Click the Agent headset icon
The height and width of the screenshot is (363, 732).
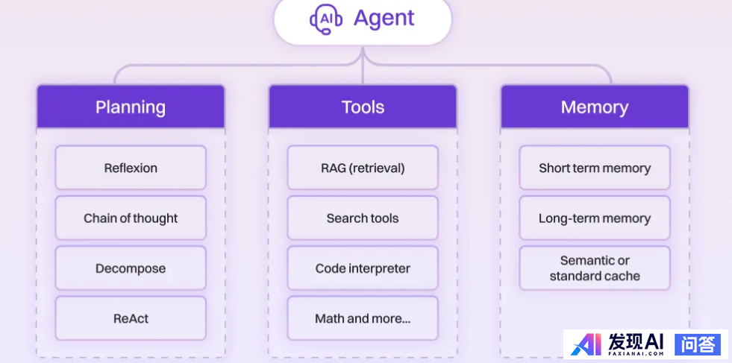326,19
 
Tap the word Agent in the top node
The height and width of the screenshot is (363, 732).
384,19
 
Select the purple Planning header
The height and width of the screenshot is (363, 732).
131,107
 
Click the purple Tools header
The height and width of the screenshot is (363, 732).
363,107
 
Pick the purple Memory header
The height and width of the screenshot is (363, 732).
595,107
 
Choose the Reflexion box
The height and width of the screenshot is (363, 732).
131,168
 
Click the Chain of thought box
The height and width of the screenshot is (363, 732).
131,218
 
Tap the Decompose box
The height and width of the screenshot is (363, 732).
131,268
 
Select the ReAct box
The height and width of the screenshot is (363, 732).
131,318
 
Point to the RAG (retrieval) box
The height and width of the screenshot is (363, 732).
363,168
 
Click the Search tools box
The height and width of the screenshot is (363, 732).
363,218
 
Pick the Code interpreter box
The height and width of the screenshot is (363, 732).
363,268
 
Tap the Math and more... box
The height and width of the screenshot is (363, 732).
363,318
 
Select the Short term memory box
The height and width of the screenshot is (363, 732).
595,168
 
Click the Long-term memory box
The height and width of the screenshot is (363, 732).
595,218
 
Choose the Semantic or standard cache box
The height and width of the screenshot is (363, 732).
595,268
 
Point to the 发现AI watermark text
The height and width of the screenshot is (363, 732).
636,341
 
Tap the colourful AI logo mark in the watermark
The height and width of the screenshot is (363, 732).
586,344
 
